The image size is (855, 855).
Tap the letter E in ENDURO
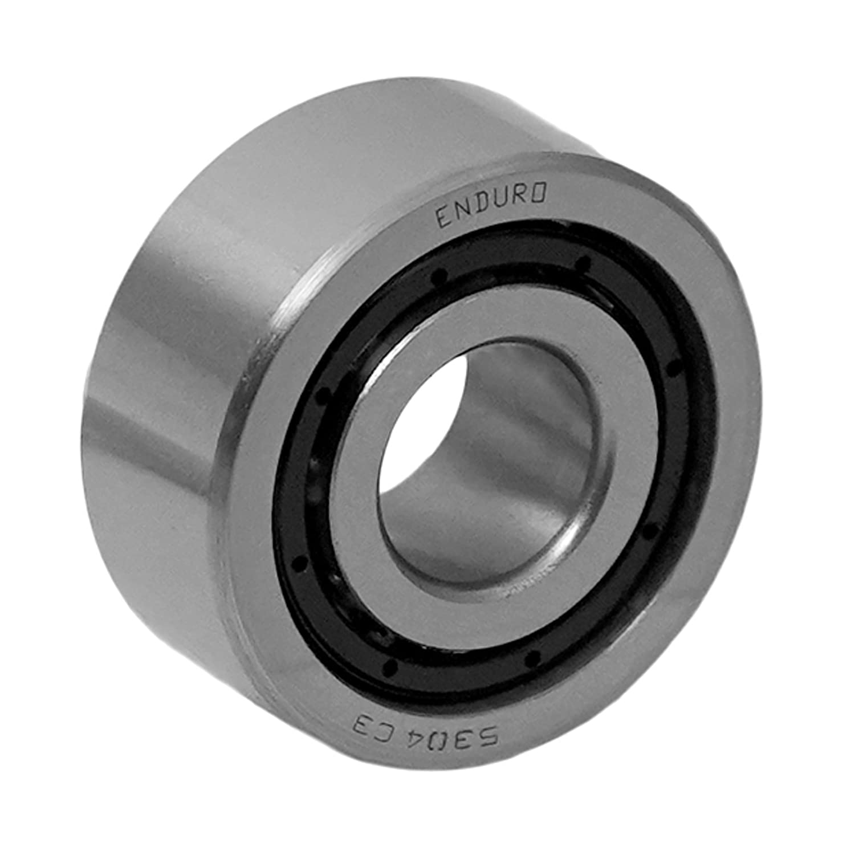(443, 218)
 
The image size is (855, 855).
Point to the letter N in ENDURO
(462, 212)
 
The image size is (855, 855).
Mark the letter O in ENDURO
(539, 194)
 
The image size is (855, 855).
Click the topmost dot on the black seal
(583, 262)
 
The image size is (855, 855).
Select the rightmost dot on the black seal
(674, 369)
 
